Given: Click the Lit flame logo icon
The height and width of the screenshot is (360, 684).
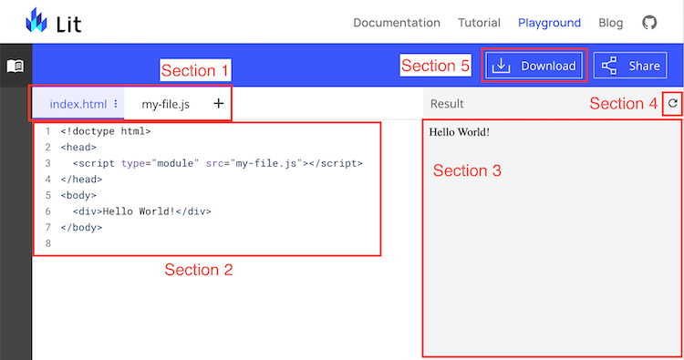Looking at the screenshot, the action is click(37, 21).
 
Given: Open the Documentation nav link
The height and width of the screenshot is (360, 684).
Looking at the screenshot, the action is click(396, 23).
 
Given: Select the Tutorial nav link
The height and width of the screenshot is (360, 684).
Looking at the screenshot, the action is click(479, 23).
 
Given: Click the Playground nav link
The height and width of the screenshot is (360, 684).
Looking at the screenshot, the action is click(549, 23).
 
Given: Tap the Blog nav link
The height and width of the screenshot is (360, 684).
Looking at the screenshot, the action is click(611, 23).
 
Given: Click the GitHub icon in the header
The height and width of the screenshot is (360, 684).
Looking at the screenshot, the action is click(649, 23).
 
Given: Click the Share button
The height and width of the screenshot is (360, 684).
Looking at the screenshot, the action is click(630, 66).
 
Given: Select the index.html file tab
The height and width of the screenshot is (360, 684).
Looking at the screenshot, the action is click(78, 104).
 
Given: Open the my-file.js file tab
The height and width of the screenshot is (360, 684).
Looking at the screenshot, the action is click(166, 104).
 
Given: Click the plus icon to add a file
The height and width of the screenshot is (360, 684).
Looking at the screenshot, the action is click(218, 104).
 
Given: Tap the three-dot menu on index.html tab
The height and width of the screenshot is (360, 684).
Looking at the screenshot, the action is click(116, 104).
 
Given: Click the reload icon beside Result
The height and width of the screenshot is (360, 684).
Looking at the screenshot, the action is click(673, 103).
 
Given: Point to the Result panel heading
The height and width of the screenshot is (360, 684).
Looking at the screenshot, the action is click(447, 104).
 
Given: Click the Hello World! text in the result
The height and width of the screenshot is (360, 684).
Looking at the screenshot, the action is click(460, 132).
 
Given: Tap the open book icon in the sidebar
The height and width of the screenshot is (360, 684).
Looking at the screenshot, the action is click(16, 67).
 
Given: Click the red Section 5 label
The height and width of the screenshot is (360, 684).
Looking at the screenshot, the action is click(435, 66).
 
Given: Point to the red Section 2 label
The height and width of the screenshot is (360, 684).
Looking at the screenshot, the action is click(198, 270).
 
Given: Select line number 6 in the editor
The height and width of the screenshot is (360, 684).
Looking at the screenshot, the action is click(47, 211).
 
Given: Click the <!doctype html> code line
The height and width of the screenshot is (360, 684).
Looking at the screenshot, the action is click(106, 131).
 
